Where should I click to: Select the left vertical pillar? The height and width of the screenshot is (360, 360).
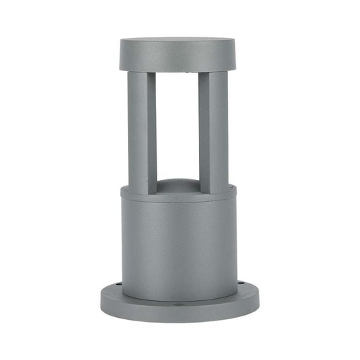(139, 130)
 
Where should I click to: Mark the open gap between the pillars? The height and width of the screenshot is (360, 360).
(176, 127)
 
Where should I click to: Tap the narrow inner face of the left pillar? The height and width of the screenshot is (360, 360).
(153, 130)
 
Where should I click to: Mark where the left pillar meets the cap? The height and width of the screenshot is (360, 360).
(140, 72)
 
